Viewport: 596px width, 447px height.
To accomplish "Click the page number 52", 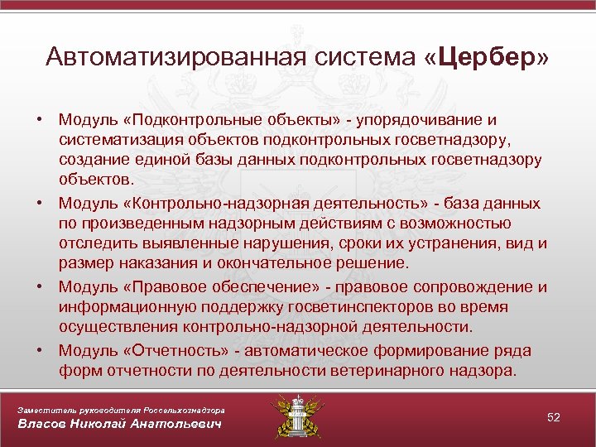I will pos(554,417).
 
